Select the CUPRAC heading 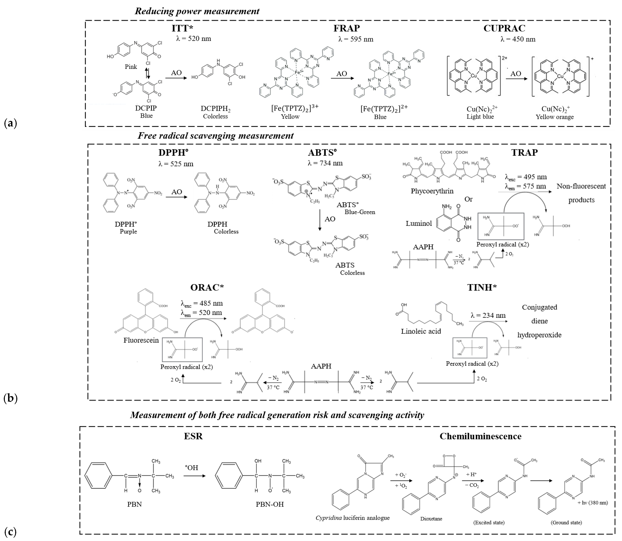(504, 28)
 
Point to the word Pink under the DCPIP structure (131, 67)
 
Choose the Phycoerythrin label (432, 191)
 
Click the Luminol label (419, 223)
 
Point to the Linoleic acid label (421, 331)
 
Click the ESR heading (193, 436)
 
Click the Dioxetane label (431, 519)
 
